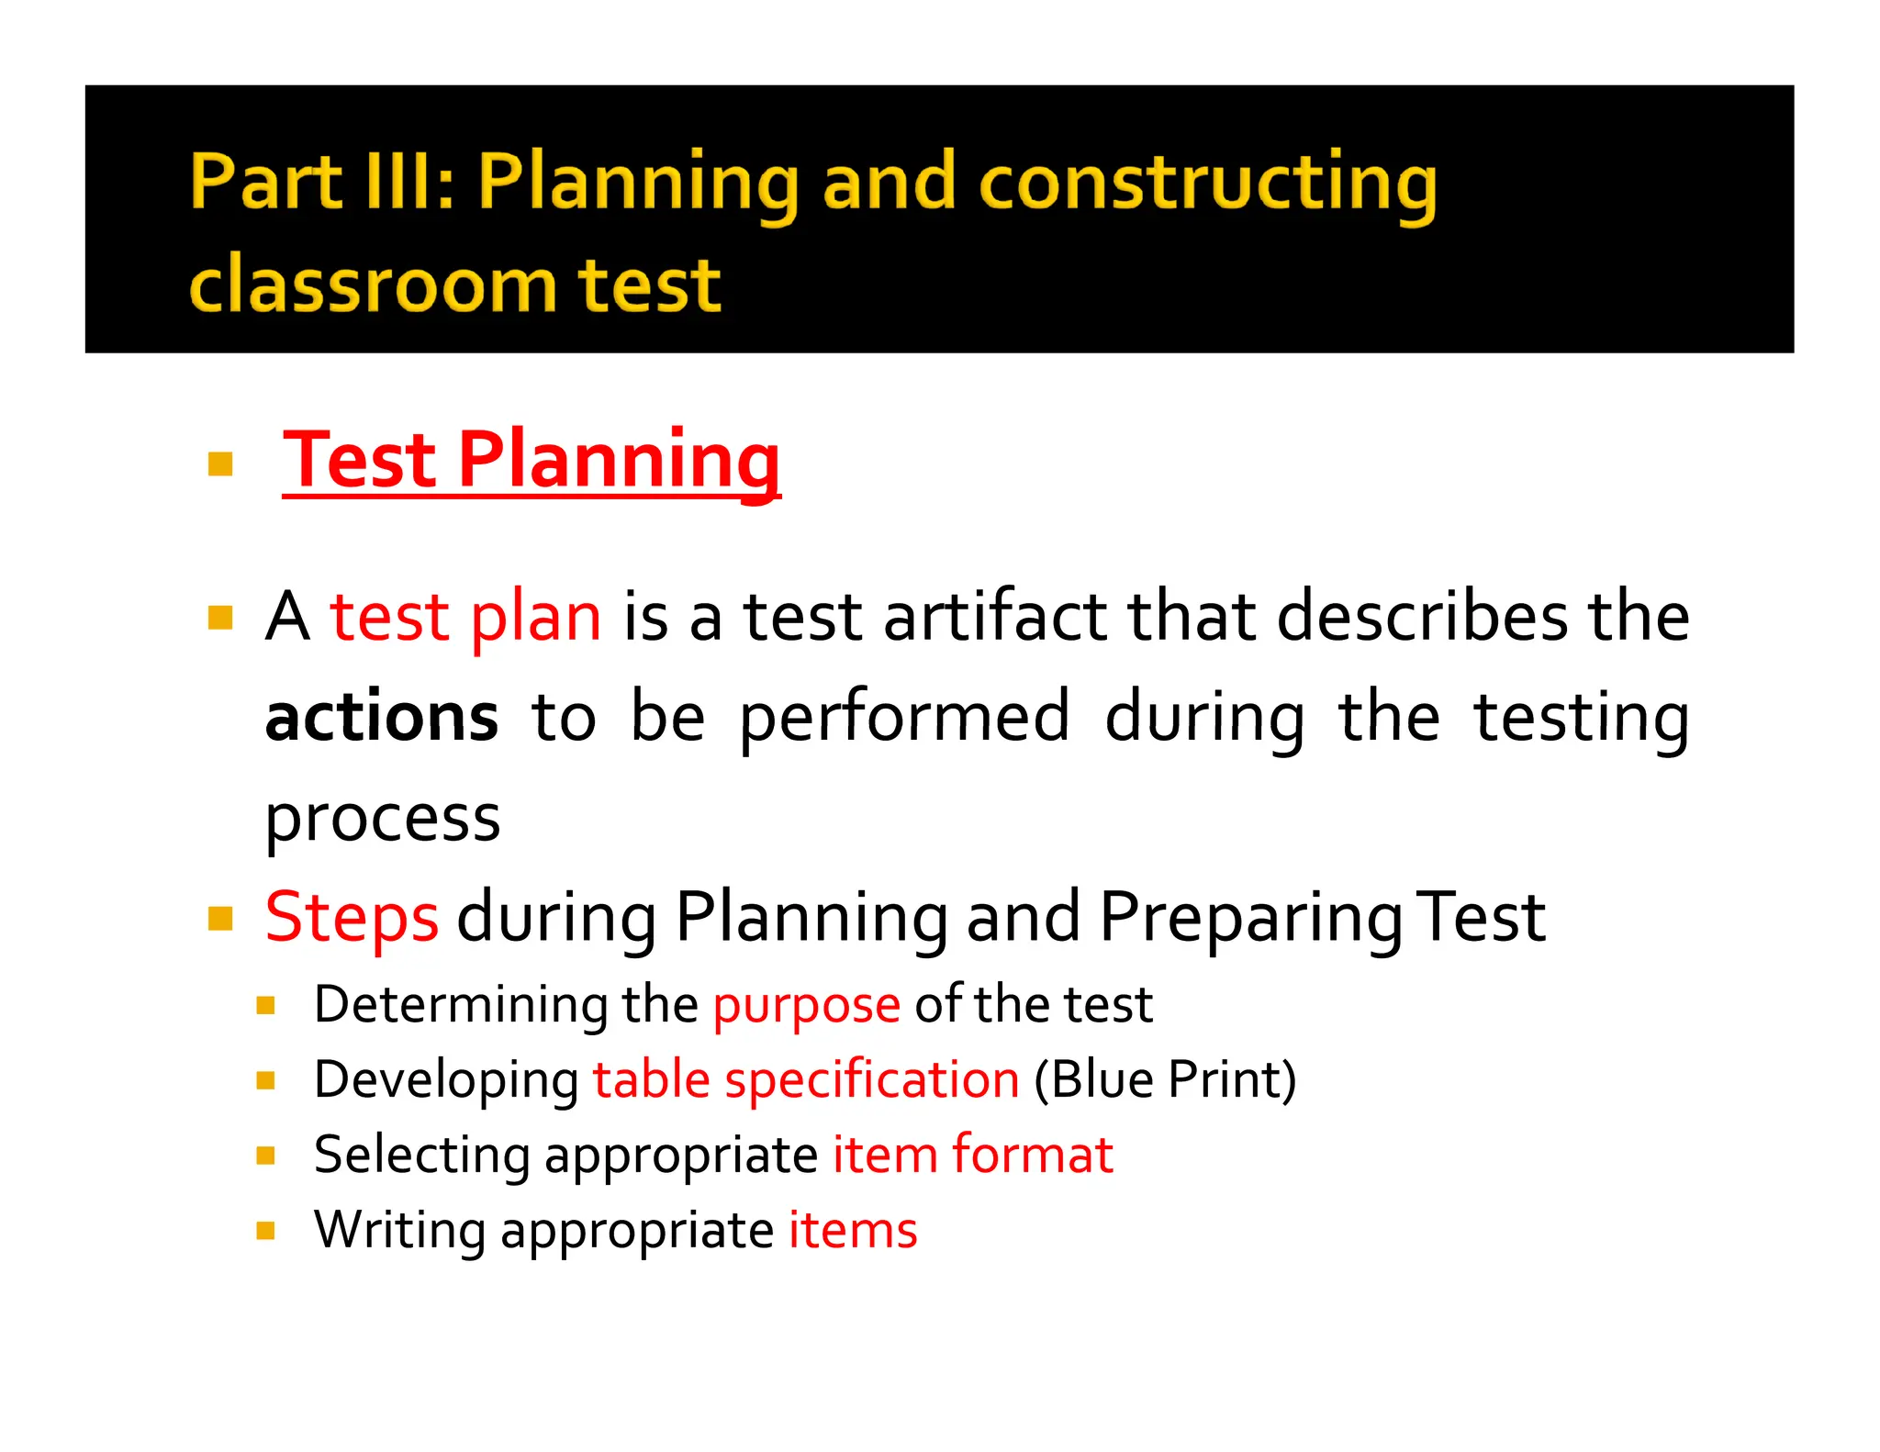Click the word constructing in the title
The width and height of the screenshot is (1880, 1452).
(x=1207, y=183)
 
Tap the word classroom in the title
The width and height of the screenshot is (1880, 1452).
(x=372, y=285)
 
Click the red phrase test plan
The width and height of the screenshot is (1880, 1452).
(x=465, y=617)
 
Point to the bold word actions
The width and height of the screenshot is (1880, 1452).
(x=381, y=718)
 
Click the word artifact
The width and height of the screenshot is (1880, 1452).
(x=995, y=617)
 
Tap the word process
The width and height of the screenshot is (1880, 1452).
(x=382, y=819)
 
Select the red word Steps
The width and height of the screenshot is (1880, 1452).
(x=352, y=918)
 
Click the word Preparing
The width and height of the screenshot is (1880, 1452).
(x=1249, y=918)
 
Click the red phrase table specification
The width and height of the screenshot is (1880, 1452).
(x=805, y=1080)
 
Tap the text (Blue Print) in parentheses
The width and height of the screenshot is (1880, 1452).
(x=1165, y=1080)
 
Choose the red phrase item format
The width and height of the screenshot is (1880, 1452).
(x=972, y=1156)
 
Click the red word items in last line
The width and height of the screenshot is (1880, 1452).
(x=852, y=1231)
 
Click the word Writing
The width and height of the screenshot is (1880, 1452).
(x=399, y=1231)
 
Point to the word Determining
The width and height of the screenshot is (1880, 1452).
(x=460, y=1005)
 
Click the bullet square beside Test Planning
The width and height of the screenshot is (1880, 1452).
(x=220, y=464)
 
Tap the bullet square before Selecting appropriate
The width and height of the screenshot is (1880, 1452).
(x=266, y=1156)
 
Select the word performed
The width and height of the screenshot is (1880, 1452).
(x=904, y=718)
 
